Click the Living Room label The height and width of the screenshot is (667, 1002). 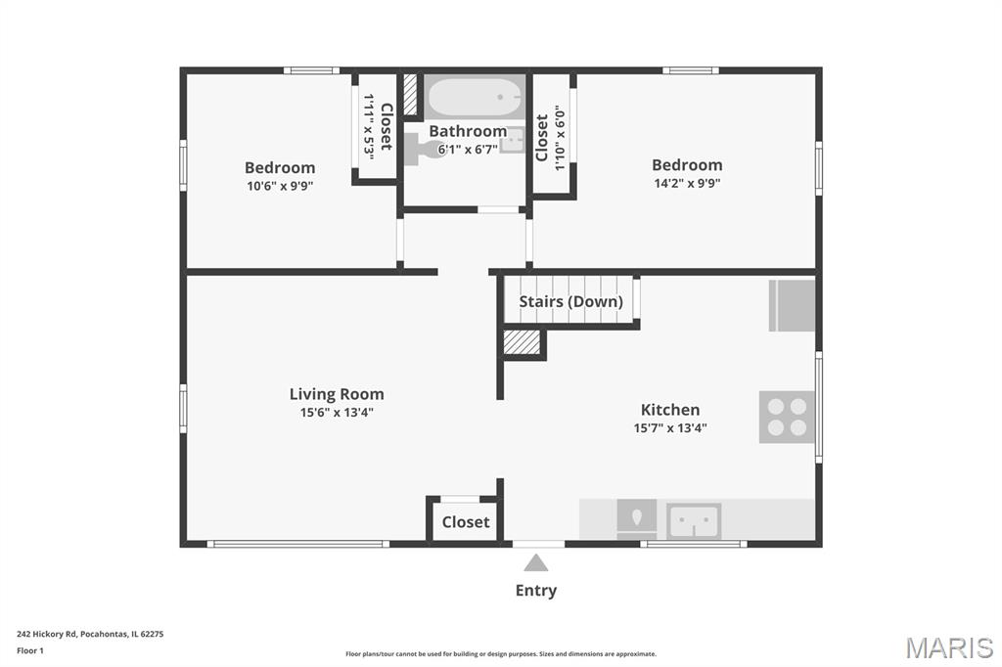coord(337,394)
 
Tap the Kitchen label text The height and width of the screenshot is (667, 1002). coord(670,410)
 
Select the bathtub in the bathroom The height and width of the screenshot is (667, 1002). coord(476,97)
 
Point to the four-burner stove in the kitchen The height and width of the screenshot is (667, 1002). coord(788,418)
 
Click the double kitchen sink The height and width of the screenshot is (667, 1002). coord(694,521)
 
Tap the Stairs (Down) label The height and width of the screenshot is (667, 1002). coord(570,301)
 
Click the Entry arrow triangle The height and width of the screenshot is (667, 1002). coord(536,563)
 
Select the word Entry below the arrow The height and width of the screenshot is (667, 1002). coord(536,591)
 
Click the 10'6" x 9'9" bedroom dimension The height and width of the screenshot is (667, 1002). coord(280,187)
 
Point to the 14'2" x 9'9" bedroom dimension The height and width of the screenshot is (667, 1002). coord(687,183)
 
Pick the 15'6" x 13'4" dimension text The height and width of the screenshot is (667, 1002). coord(337,413)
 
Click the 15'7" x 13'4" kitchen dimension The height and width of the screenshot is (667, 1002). coord(670,428)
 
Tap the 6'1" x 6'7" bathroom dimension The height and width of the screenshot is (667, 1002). coord(468,150)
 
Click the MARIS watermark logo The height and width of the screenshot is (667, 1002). coord(949,647)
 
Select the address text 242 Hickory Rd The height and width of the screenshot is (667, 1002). coord(47,635)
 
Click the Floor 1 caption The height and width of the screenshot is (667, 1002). coord(30,651)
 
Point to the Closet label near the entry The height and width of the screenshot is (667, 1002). coord(466,522)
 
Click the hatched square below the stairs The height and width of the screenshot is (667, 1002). coord(523,341)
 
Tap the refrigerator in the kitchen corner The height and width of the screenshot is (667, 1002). coord(792,305)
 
